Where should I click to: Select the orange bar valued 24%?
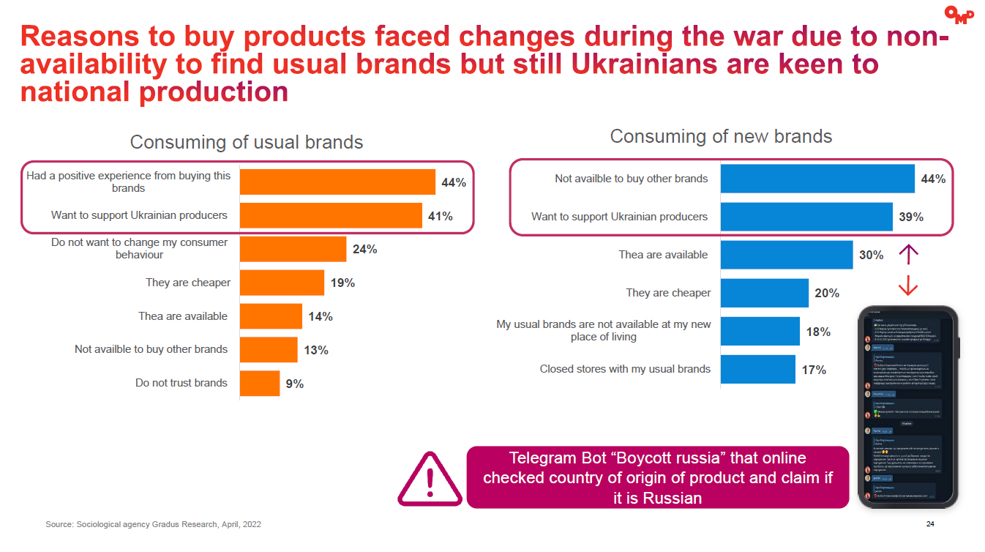[293, 249]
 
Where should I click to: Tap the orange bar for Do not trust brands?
[260, 383]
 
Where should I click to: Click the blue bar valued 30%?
[787, 256]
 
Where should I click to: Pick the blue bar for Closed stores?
[758, 369]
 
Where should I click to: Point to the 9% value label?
[295, 384]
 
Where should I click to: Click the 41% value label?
[441, 216]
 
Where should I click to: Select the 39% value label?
[911, 217]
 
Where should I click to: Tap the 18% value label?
[818, 332]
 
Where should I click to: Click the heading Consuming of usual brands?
[247, 142]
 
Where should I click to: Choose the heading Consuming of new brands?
[721, 137]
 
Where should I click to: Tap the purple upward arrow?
[908, 254]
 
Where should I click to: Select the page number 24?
[930, 524]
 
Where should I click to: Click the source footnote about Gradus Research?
[153, 525]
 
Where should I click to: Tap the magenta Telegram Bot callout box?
[657, 477]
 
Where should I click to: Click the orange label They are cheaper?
[188, 283]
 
